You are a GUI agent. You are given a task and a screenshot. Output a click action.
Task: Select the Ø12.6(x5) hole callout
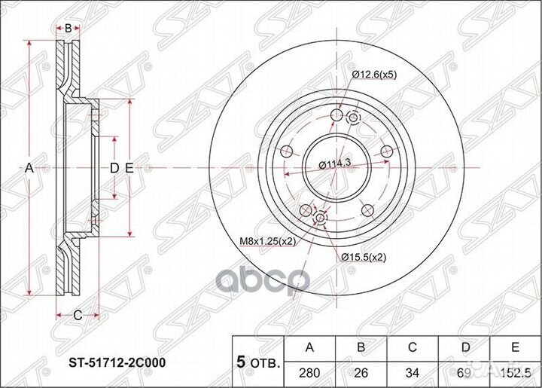click(x=375, y=74)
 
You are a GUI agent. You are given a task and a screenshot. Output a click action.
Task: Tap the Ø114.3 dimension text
click(x=331, y=165)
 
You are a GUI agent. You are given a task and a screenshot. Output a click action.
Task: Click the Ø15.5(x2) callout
click(x=365, y=258)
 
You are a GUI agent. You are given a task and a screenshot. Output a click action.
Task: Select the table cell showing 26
click(x=361, y=372)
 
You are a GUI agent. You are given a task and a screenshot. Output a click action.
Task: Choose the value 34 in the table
click(x=413, y=372)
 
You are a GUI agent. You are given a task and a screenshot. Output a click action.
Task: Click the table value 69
click(x=464, y=372)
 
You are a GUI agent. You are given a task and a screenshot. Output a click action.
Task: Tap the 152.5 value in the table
click(x=514, y=372)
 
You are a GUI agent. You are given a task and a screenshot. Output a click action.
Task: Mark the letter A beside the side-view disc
click(x=30, y=168)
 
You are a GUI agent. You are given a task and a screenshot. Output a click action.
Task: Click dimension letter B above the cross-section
click(x=69, y=29)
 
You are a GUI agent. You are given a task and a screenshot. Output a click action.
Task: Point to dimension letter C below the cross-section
click(x=77, y=314)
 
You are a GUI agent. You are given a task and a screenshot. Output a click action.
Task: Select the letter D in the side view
click(x=114, y=168)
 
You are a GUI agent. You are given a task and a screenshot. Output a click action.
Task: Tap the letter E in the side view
click(x=129, y=168)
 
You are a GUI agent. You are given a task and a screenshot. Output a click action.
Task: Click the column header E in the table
click(x=515, y=347)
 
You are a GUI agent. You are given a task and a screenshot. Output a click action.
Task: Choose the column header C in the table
click(x=413, y=347)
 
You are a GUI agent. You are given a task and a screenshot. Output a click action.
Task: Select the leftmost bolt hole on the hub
click(x=285, y=151)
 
